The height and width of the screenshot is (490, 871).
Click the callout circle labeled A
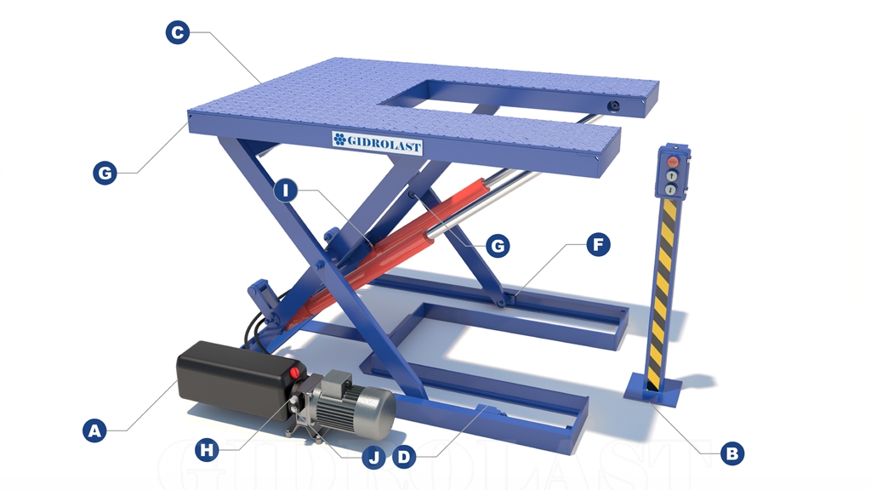point(95,430)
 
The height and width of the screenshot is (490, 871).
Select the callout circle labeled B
point(731,453)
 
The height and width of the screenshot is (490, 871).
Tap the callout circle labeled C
point(177,33)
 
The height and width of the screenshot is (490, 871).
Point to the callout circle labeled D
point(405,457)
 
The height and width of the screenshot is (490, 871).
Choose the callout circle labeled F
point(599,246)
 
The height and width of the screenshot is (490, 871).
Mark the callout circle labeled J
point(372,458)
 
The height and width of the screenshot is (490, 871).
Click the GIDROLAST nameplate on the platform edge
point(377,144)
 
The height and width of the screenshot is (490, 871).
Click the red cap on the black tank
point(296,373)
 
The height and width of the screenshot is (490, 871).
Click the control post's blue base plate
point(653,392)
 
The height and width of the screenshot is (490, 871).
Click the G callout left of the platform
point(104,174)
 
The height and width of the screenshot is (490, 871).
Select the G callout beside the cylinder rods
point(497,247)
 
